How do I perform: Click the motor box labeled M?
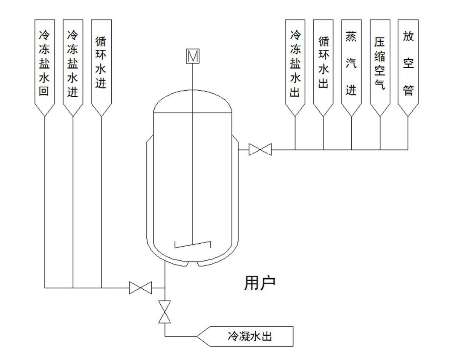[193, 56]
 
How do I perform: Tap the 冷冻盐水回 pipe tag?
[44, 64]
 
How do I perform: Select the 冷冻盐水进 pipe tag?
[72, 64]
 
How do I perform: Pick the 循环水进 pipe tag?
[101, 64]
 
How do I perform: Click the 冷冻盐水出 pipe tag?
[295, 64]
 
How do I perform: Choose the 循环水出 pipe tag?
[323, 64]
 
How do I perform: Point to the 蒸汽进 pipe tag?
[351, 64]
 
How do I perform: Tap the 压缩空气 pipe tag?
[380, 64]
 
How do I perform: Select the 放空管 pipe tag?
[408, 64]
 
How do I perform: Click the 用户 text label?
[260, 282]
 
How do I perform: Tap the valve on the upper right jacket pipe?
[260, 150]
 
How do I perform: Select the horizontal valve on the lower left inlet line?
[141, 288]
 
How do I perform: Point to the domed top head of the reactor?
[193, 101]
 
